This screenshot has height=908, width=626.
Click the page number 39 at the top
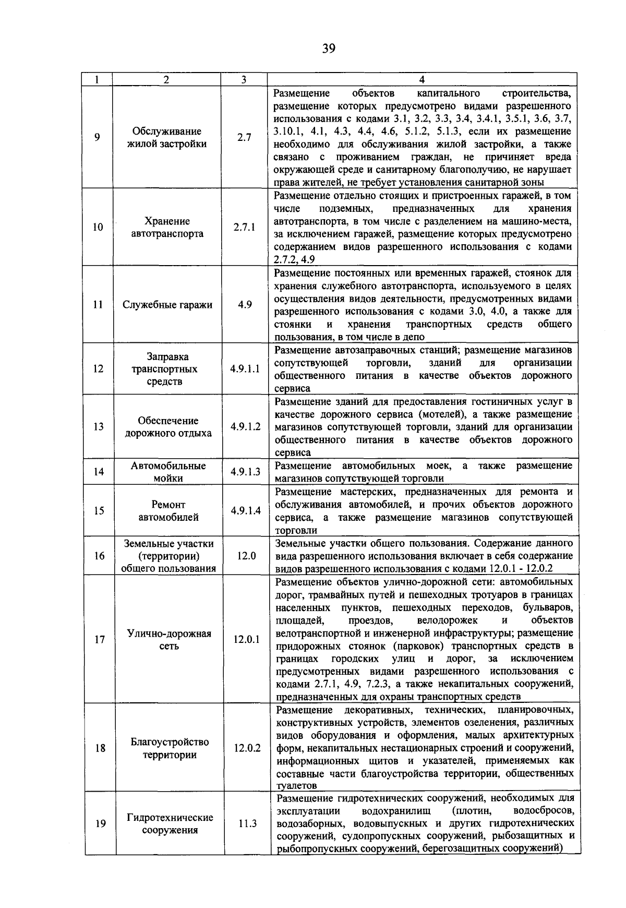pyautogui.click(x=329, y=49)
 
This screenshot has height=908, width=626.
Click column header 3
pyautogui.click(x=244, y=80)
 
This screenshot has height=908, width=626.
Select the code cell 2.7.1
pyautogui.click(x=244, y=228)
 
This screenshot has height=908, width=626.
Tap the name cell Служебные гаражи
pyautogui.click(x=167, y=305)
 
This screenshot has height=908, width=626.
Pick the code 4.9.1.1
pyautogui.click(x=245, y=369)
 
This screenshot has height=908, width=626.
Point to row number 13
pyautogui.click(x=99, y=427)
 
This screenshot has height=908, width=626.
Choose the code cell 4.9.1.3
pyautogui.click(x=245, y=472)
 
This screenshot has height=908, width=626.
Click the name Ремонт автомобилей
pyautogui.click(x=168, y=511)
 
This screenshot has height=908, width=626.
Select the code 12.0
pyautogui.click(x=246, y=556)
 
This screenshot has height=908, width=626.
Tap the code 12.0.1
pyautogui.click(x=246, y=639)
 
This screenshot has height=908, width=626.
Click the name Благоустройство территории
pyautogui.click(x=170, y=748)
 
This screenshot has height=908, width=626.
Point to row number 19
pyautogui.click(x=101, y=824)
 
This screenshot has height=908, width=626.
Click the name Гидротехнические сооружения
pyautogui.click(x=170, y=824)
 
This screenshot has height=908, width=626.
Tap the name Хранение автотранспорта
pyautogui.click(x=167, y=228)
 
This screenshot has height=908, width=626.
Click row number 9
pyautogui.click(x=97, y=137)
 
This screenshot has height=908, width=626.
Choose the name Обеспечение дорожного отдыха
pyautogui.click(x=168, y=427)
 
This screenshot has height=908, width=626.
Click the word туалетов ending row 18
pyautogui.click(x=296, y=785)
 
